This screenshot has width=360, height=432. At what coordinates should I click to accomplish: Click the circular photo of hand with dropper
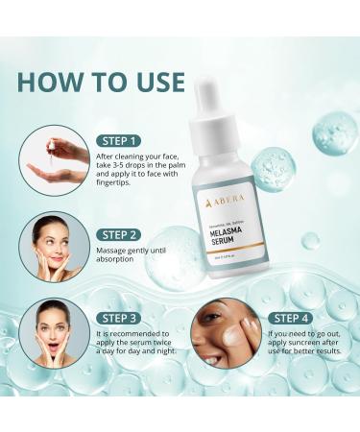[x=60, y=158]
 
